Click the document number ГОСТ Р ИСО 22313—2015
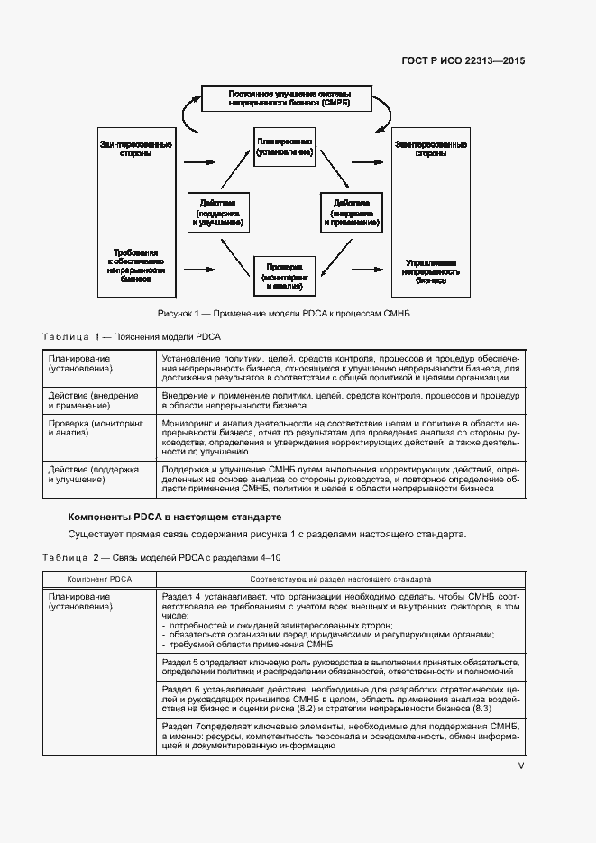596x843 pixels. (x=463, y=61)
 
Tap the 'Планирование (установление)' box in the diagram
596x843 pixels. (x=284, y=148)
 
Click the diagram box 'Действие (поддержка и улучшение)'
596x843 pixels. (x=217, y=212)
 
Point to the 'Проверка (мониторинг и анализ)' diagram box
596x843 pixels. (x=284, y=274)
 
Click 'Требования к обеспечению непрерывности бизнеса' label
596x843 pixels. (x=136, y=266)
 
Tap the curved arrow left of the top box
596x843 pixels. (x=188, y=113)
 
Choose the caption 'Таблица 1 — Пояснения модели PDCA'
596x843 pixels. (x=132, y=336)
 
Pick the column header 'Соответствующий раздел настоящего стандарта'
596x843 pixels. (x=340, y=579)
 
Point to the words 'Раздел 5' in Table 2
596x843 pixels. (x=177, y=662)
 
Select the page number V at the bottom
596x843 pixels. (x=520, y=765)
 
